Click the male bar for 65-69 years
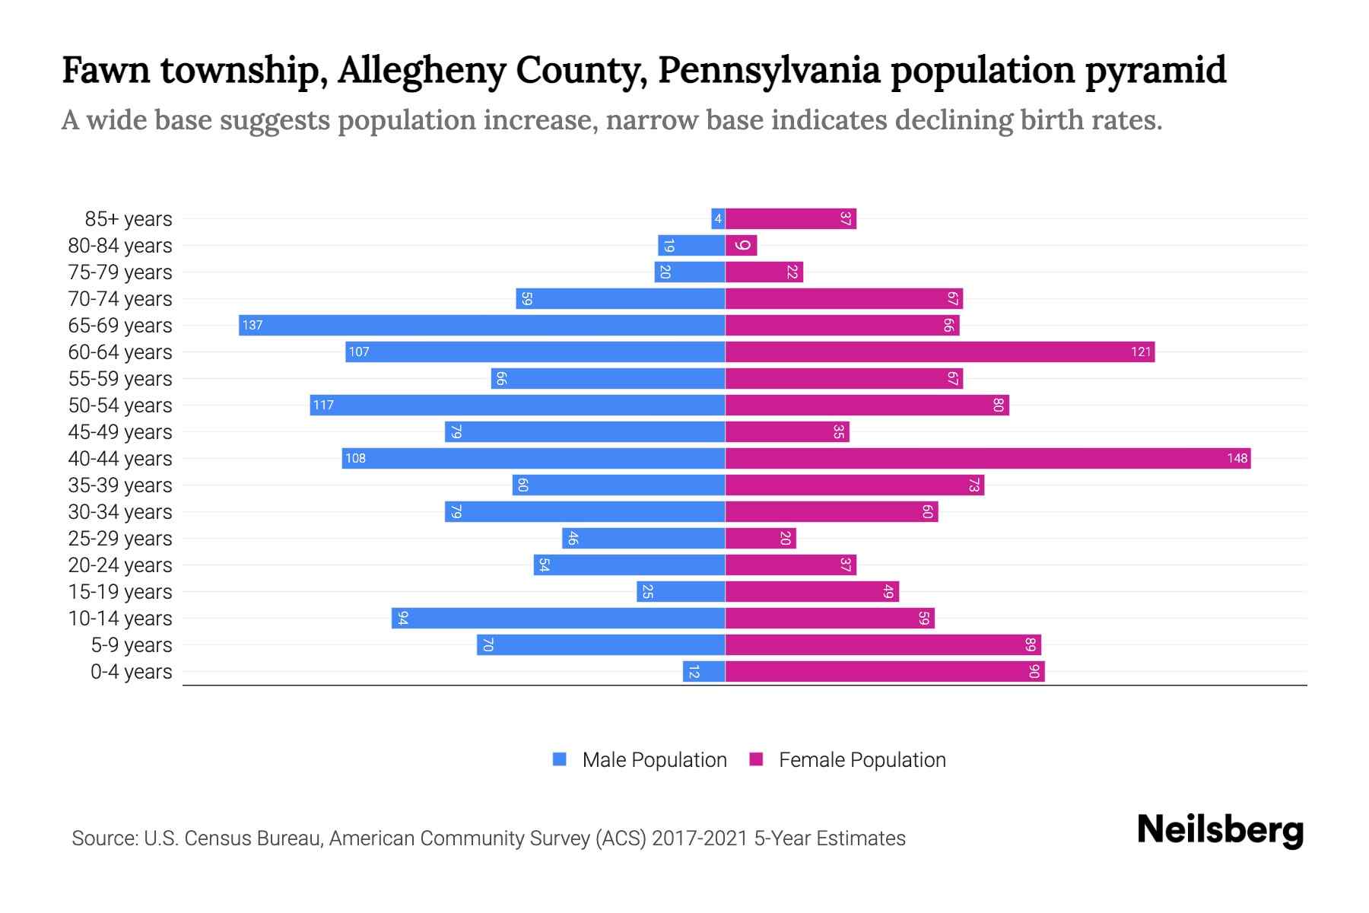point(481,326)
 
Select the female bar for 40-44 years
point(987,459)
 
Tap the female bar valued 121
point(939,352)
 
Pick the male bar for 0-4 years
point(704,672)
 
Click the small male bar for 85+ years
point(717,219)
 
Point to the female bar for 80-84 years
point(741,246)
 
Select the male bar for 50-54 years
point(517,406)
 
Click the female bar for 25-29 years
point(761,539)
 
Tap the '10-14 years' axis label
point(120,619)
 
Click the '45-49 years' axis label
point(120,432)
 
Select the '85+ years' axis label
point(129,219)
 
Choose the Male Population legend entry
point(639,760)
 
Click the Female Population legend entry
point(847,760)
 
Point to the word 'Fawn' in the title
point(106,70)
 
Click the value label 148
point(1237,459)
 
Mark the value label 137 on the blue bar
point(252,326)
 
